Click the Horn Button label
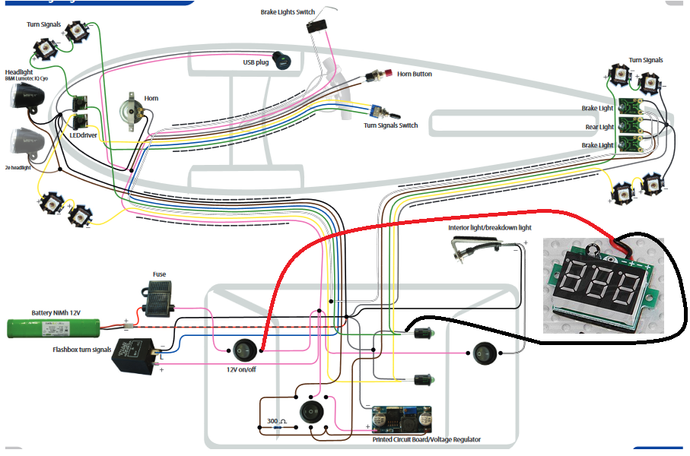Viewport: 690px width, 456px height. coord(415,74)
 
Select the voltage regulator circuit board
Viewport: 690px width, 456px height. coord(402,419)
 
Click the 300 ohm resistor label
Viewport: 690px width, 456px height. coord(276,420)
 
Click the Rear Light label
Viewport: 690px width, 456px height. coord(599,127)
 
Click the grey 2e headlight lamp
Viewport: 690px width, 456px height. coord(28,143)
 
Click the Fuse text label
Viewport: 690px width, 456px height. coord(159,274)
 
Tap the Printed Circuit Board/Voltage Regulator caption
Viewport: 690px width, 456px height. coord(426,439)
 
